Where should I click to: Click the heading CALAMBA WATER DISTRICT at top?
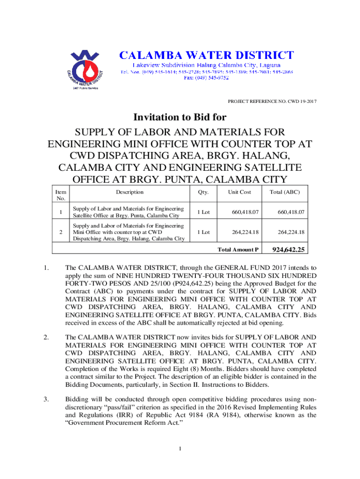[207, 56]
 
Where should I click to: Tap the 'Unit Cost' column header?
[239, 192]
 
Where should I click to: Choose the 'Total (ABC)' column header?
[285, 192]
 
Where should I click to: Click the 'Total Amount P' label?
[238, 250]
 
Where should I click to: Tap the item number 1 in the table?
[60, 212]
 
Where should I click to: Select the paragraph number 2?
[46, 337]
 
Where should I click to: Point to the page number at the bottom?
[180, 450]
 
